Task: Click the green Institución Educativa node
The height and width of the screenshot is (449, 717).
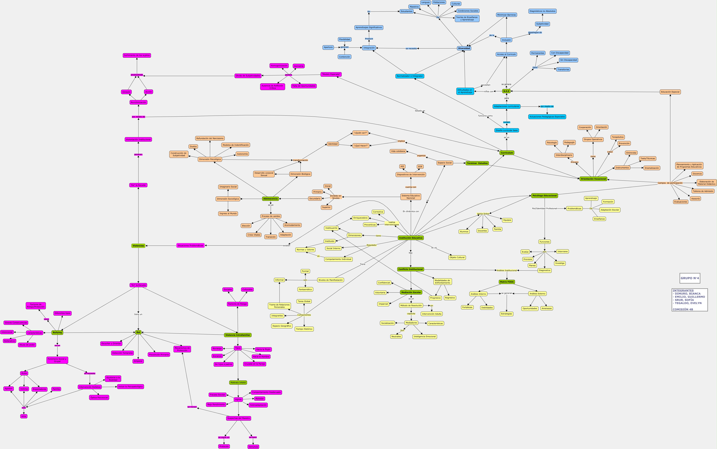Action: tap(411, 238)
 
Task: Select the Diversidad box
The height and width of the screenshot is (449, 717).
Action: tap(464, 48)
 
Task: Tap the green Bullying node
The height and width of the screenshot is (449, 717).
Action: tap(57, 333)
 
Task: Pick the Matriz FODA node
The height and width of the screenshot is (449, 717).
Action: tap(507, 282)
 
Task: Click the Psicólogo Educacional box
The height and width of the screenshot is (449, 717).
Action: tap(544, 196)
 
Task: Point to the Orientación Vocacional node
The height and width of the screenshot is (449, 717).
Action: tap(593, 179)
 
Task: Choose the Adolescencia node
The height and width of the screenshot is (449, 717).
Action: tap(270, 199)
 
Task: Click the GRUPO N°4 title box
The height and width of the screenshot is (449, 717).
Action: tap(690, 278)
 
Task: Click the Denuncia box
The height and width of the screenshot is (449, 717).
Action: tap(253, 447)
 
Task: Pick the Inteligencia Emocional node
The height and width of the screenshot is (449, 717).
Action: tap(424, 337)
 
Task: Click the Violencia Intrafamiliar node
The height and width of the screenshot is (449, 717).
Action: tap(238, 335)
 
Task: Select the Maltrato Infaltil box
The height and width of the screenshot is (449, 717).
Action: tap(238, 383)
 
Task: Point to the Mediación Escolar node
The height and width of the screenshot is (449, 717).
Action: tap(411, 292)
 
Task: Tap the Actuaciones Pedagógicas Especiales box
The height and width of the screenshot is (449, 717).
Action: tap(547, 117)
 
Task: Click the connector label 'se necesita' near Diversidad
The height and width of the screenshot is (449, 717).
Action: tap(411, 48)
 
